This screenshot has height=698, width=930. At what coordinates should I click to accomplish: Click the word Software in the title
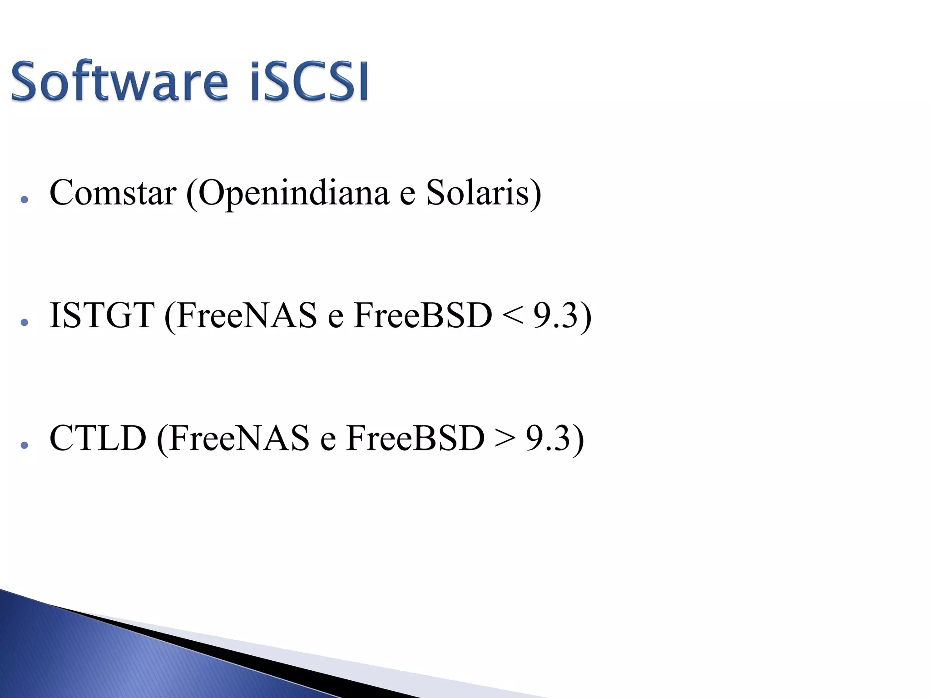pyautogui.click(x=119, y=82)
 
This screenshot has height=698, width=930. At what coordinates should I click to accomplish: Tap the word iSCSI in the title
pyautogui.click(x=309, y=82)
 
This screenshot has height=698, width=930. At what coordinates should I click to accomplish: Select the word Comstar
pyautogui.click(x=113, y=193)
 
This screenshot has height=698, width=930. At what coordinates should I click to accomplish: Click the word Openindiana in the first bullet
pyautogui.click(x=293, y=194)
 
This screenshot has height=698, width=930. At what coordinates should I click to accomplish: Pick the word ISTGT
pyautogui.click(x=102, y=315)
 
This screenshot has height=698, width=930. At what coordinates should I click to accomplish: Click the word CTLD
pyautogui.click(x=98, y=438)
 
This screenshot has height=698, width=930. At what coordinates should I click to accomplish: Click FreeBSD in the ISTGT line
pyautogui.click(x=423, y=315)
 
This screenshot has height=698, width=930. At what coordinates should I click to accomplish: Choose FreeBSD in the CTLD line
pyautogui.click(x=416, y=438)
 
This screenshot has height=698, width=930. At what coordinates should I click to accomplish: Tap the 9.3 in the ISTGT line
pyautogui.click(x=555, y=315)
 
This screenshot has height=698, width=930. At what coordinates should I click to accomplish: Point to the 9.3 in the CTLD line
pyautogui.click(x=548, y=438)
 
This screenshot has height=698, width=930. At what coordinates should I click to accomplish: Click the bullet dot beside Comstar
pyautogui.click(x=25, y=199)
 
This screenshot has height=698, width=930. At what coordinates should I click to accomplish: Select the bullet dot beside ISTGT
pyautogui.click(x=25, y=322)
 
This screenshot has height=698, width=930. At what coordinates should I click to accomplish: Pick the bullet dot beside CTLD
pyautogui.click(x=25, y=445)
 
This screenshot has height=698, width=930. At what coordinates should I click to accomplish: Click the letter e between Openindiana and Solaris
pyautogui.click(x=407, y=195)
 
